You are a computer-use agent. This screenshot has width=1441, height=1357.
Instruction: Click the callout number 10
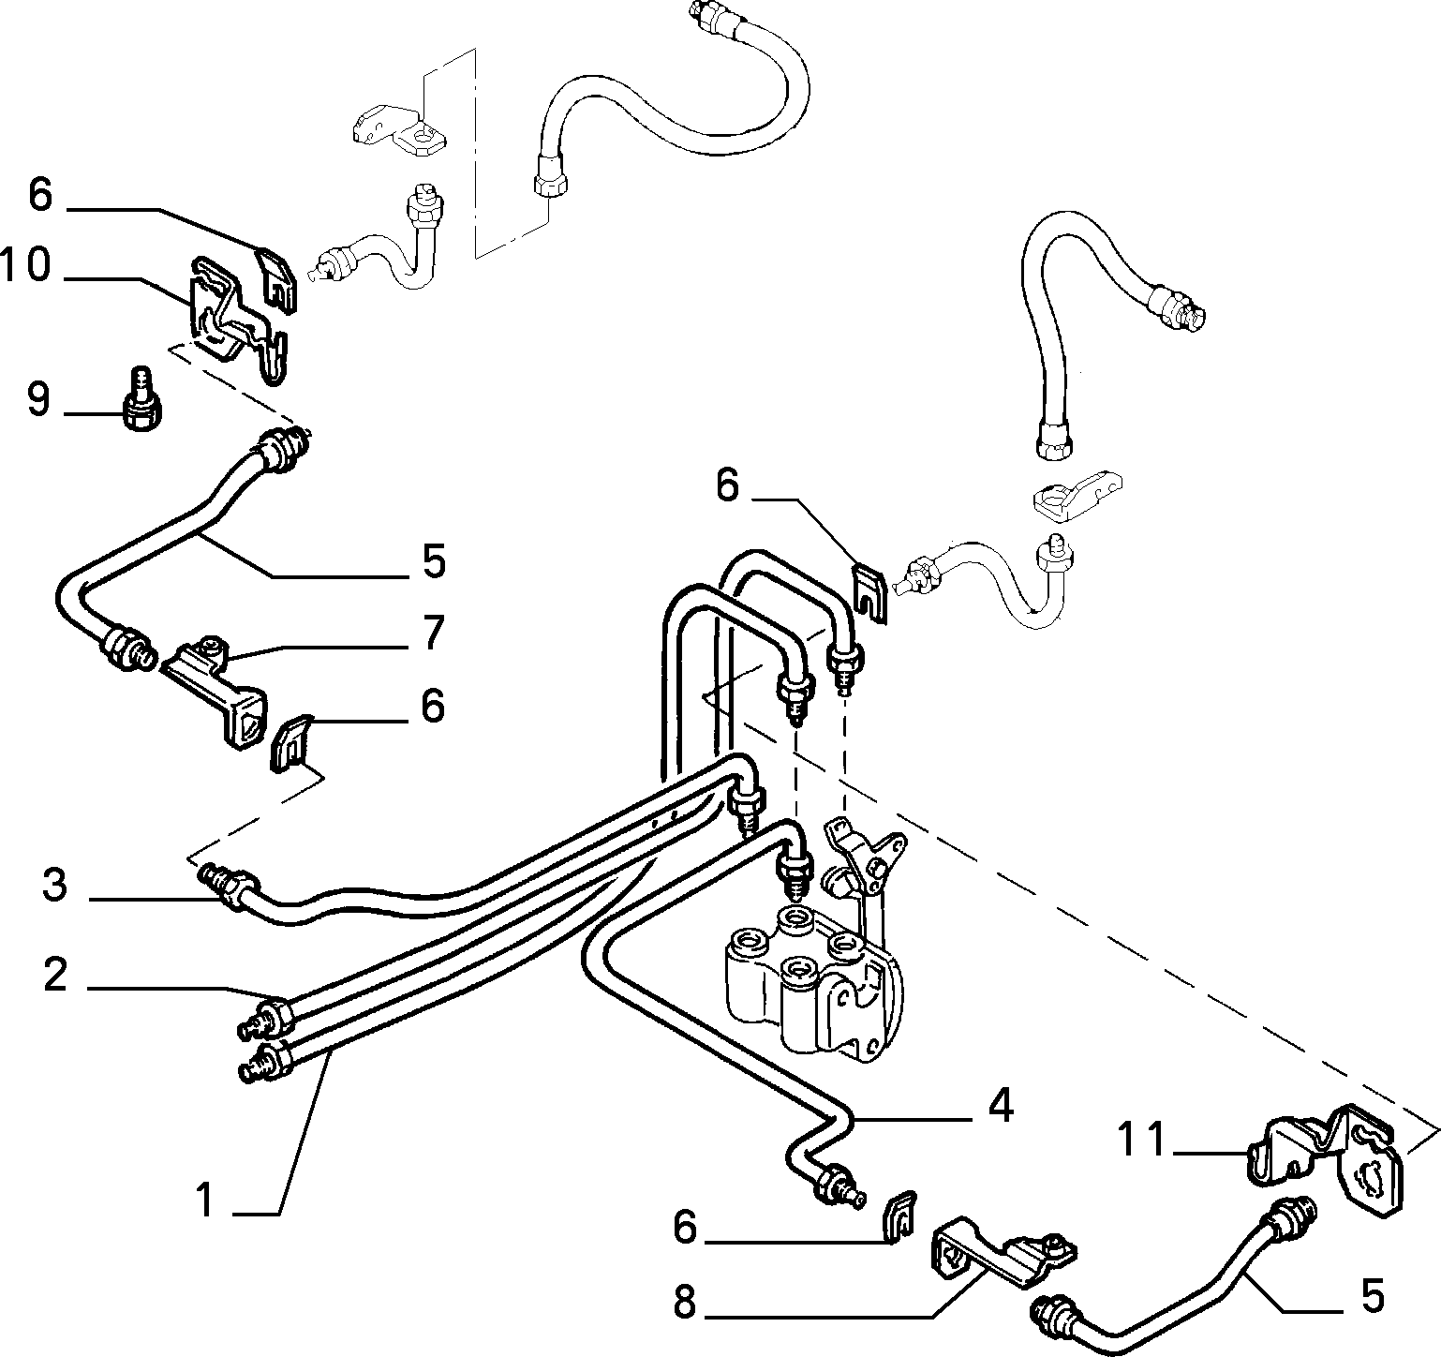[25, 265]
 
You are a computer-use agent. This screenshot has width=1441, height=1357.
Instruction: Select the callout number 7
[432, 634]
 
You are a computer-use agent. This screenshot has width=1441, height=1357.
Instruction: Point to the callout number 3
[55, 885]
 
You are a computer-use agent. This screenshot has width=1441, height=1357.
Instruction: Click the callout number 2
[55, 976]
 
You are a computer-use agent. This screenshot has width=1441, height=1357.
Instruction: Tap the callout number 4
[1001, 1106]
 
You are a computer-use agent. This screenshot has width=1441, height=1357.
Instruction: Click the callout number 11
[1141, 1141]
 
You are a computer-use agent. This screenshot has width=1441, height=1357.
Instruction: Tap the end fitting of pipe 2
[264, 1016]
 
